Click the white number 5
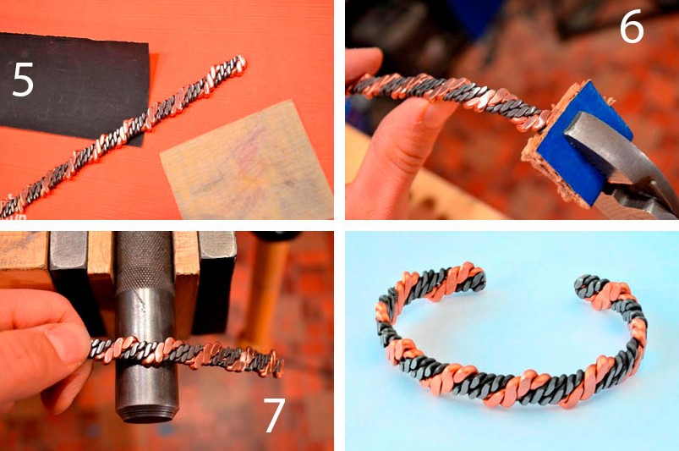pos(23,79)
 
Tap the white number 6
pos(632,27)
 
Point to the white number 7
pos(274,415)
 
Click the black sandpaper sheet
pos(74,82)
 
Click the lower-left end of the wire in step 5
pos(4,209)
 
